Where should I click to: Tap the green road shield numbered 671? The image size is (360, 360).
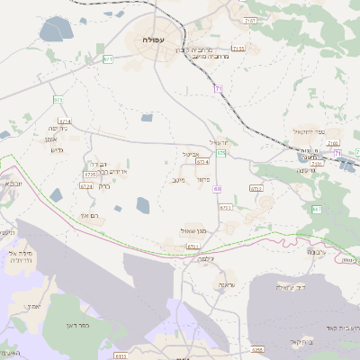pos(108,59)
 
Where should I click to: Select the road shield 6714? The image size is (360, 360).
pos(65,120)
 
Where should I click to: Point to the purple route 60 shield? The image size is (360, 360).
pos(217,189)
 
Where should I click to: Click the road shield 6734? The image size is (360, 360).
pos(202,162)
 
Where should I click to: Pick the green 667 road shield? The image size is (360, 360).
pos(316,209)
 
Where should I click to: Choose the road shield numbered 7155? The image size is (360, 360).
pos(238,49)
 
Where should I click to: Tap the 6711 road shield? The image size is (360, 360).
pos(193,245)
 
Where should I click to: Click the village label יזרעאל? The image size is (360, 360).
pos(220,141)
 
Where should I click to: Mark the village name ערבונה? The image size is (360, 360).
pos(316,252)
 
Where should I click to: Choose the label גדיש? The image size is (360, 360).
pos(57,149)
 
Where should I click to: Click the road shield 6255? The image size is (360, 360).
pos(257,349)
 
